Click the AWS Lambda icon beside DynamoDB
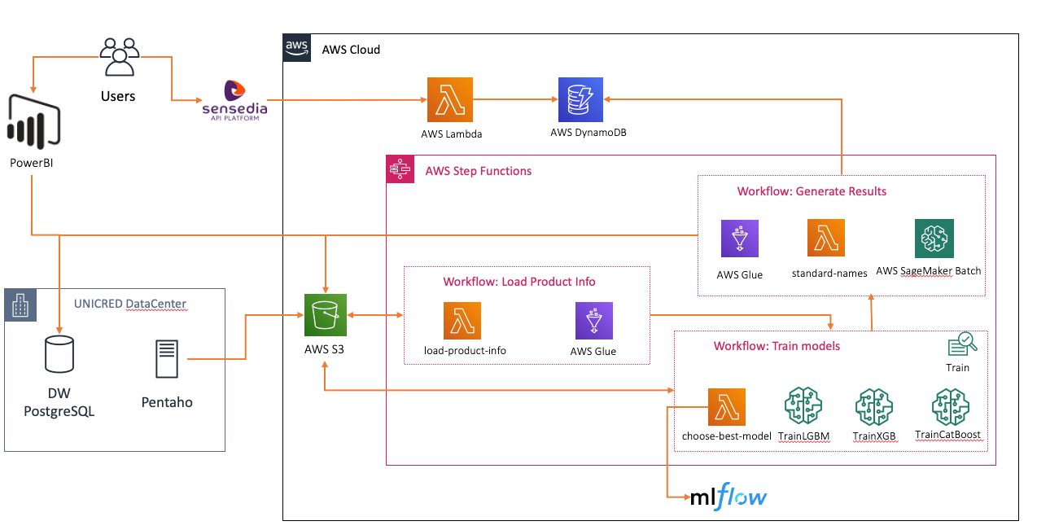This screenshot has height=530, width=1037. pos(449,99)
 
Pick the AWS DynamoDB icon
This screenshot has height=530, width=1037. pos(580,99)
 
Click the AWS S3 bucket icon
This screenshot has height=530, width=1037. pos(326,315)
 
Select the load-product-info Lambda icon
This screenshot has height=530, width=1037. pos(462,321)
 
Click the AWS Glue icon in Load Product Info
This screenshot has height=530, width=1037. pos(593,321)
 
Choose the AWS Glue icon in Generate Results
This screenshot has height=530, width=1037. pos(740,239)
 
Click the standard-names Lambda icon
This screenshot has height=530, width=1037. pos(826,239)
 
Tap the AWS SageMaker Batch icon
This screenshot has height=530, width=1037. pos(934,239)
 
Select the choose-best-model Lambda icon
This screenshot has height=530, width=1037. pos(727,407)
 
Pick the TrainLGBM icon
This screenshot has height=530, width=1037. pos(803,407)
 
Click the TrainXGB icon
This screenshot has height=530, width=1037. pos(874,407)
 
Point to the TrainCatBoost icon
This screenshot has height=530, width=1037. pos(949,407)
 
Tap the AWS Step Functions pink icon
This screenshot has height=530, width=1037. pos(400,169)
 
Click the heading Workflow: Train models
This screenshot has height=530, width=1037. pos(777,346)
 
